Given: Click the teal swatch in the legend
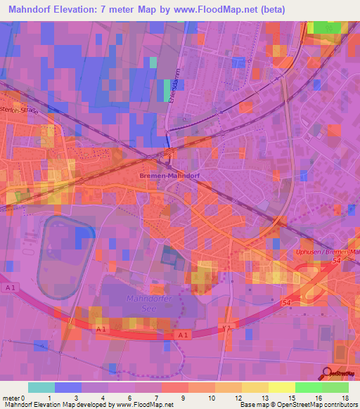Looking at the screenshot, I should point(41,387).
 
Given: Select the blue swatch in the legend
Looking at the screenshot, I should point(68,387).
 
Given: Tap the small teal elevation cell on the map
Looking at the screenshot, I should point(153,61).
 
